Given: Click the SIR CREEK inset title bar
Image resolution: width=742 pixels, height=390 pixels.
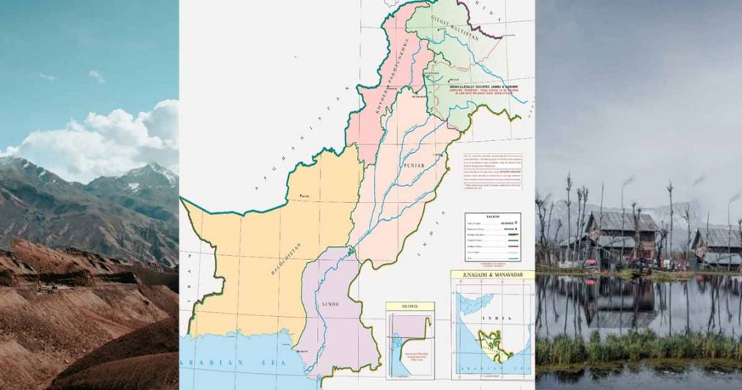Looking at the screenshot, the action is [x=410, y=306].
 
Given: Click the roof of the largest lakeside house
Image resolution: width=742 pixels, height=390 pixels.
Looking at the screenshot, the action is [x=622, y=222].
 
